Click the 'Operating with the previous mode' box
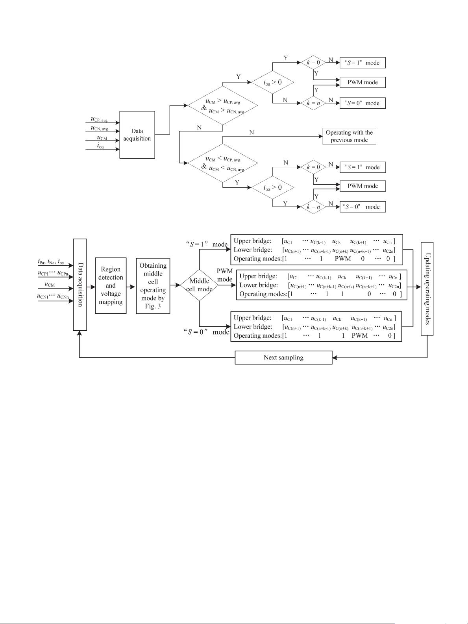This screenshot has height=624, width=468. tap(349, 136)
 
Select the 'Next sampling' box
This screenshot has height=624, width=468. tap(283, 357)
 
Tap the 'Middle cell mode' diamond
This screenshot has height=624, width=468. tap(199, 285)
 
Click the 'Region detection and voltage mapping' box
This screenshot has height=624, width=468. tap(111, 285)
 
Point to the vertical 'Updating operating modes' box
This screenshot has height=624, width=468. tap(427, 289)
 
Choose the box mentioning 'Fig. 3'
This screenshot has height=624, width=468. tap(153, 285)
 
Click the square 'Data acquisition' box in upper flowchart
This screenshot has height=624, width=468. tap(137, 135)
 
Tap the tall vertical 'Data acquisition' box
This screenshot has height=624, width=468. tap(80, 285)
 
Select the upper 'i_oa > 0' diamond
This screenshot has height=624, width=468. tap(273, 82)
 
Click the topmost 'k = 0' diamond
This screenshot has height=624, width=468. tap(313, 63)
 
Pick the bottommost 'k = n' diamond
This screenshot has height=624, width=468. tap(313, 207)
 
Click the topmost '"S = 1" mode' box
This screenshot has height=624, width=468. tap(362, 63)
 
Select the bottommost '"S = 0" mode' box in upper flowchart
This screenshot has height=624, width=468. tap(362, 207)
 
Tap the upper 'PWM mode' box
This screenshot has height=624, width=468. tap(362, 82)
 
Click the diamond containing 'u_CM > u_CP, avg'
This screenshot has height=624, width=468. tap(223, 105)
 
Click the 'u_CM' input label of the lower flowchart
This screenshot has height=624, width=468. tap(50, 285)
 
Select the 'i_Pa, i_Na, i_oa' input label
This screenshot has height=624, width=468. tap(51, 262)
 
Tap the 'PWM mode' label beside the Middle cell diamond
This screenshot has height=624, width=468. tap(225, 275)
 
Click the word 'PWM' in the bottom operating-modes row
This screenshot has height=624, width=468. tap(359, 335)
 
